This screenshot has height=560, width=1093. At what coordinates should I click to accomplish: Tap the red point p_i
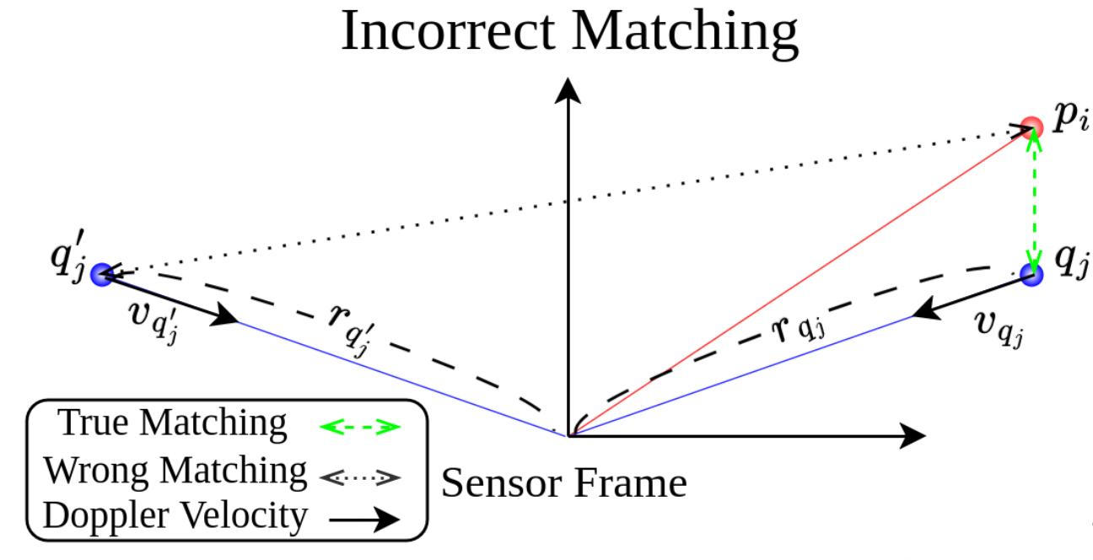click(1031, 127)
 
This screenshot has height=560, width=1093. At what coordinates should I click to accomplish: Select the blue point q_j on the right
click(1031, 273)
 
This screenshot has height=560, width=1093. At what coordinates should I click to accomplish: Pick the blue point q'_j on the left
click(102, 273)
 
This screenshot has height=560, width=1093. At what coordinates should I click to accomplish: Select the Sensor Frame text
click(564, 483)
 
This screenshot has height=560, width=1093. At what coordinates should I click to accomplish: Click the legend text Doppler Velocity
click(175, 515)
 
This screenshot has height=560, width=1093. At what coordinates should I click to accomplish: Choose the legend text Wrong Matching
click(175, 470)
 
